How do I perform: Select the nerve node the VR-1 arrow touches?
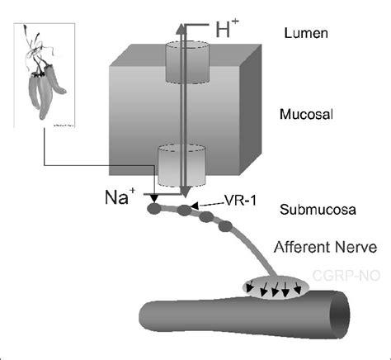(x=185, y=211)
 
